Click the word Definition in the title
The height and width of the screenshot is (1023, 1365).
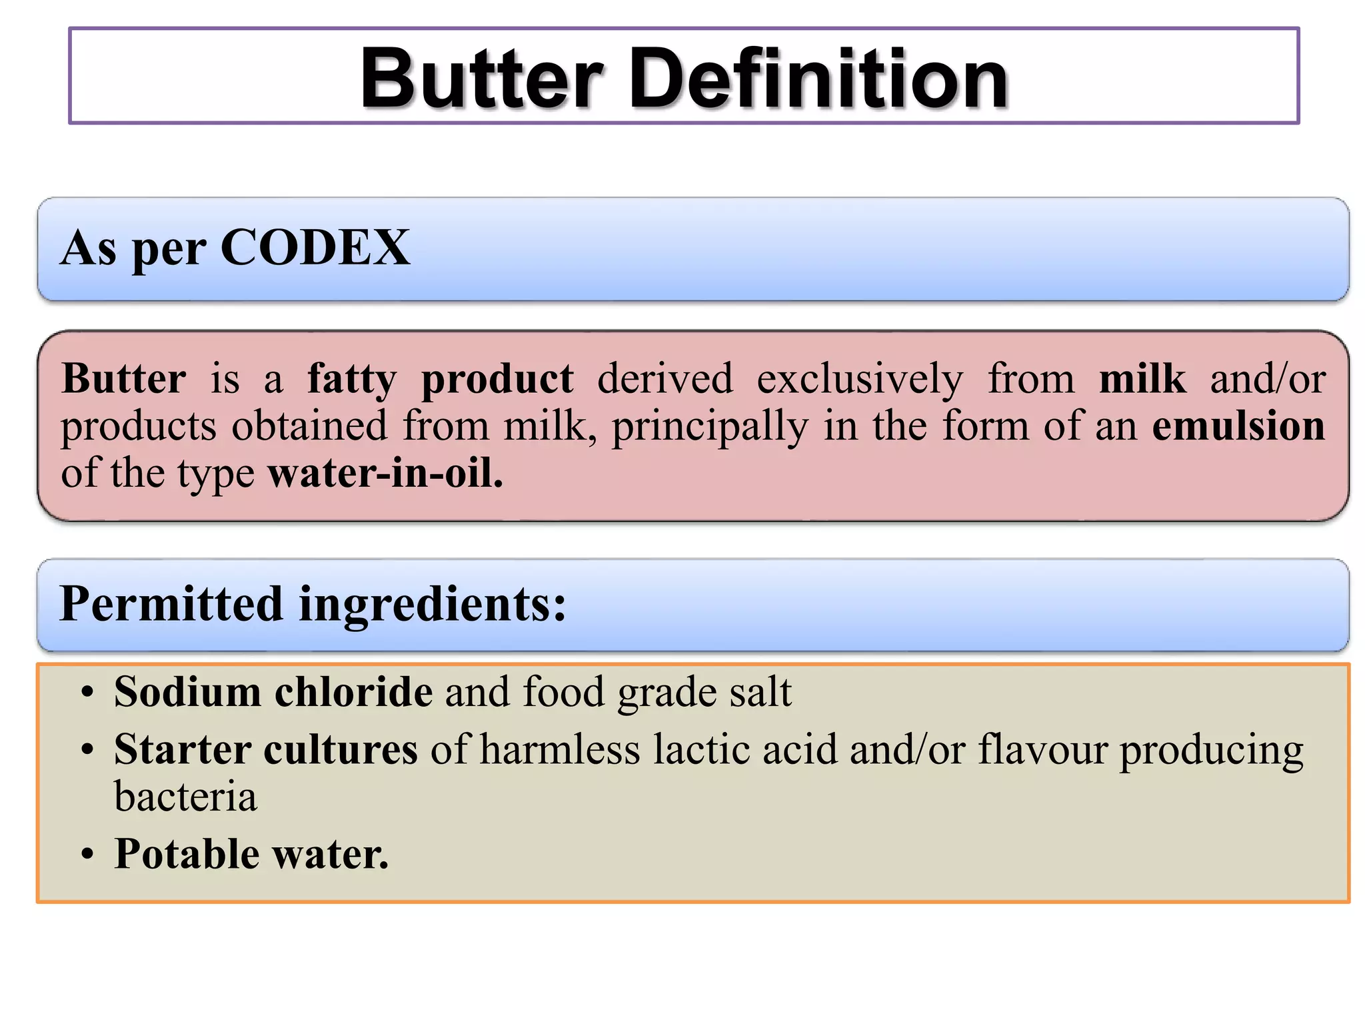[818, 79]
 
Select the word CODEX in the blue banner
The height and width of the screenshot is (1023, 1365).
[315, 248]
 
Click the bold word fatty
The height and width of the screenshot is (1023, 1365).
[351, 380]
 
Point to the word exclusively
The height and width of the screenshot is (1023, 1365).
[860, 380]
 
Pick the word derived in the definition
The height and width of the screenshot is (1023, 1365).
[665, 380]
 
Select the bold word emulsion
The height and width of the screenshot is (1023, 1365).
[1238, 426]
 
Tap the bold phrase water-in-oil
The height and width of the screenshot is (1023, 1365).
[385, 474]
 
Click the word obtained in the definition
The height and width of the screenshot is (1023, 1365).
[309, 426]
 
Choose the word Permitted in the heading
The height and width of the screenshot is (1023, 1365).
[172, 604]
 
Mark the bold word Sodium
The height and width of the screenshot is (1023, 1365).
[187, 692]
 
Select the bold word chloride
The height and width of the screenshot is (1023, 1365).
[353, 692]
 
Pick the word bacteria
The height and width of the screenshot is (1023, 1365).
[185, 797]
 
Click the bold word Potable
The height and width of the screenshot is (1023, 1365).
[187, 854]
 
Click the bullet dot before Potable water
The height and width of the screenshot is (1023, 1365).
[87, 854]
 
